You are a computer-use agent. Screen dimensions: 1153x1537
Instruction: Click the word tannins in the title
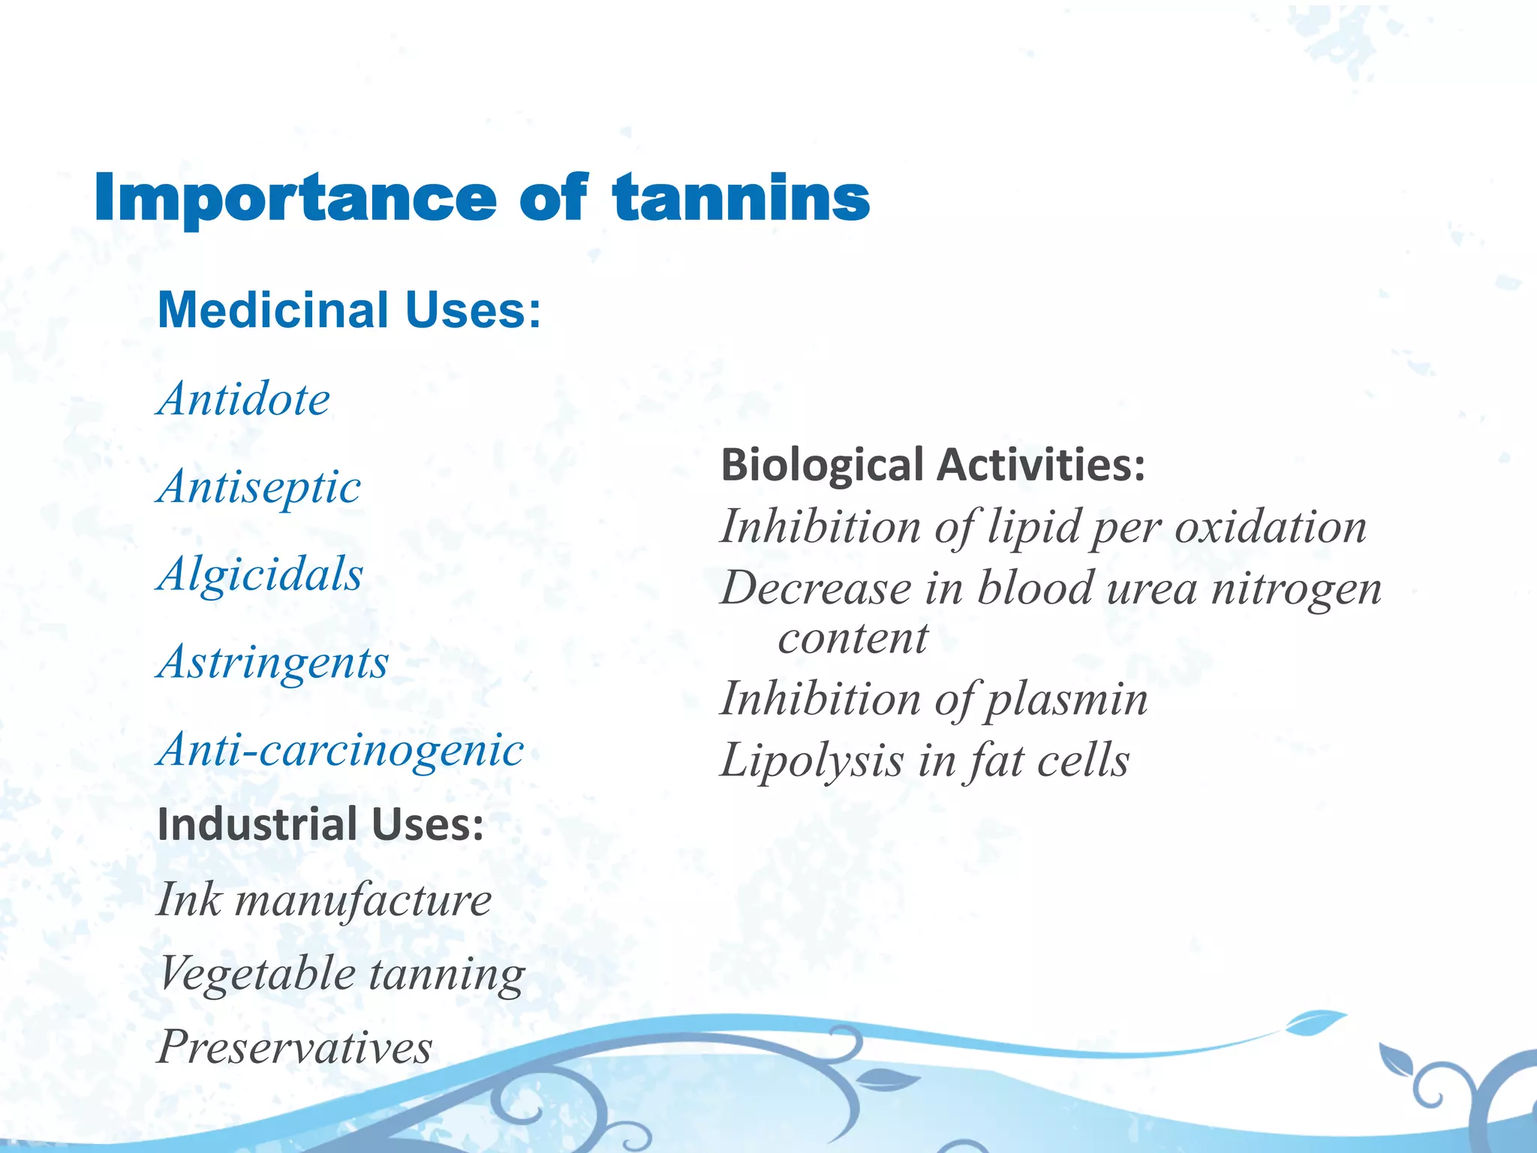click(741, 198)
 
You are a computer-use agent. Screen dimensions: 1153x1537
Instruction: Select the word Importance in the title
click(295, 198)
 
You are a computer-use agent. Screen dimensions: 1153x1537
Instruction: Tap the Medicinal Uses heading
click(349, 310)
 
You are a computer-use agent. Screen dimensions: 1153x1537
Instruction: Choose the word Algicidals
click(260, 574)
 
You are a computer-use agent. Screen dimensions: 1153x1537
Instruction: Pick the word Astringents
click(273, 662)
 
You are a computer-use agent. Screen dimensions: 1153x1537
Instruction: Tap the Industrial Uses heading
click(320, 824)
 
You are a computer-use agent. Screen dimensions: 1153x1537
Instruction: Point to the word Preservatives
click(295, 1046)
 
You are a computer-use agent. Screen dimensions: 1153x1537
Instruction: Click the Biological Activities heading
click(933, 465)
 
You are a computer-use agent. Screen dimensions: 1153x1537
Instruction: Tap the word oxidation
click(1270, 526)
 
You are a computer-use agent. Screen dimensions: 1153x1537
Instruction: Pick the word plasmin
click(1066, 700)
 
